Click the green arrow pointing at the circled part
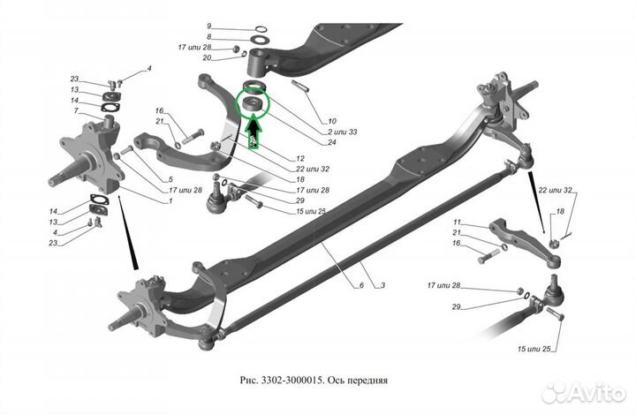254,132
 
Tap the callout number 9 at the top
208,26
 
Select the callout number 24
331,142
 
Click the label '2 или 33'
343,132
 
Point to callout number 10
332,121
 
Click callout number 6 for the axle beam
361,285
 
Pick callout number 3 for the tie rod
382,285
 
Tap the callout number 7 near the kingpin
76,110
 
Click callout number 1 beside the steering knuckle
170,200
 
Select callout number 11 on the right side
458,223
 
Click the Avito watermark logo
584,392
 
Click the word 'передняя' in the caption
367,381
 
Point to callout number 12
300,158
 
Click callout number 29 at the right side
457,306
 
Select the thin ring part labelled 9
261,29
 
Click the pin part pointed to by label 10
300,87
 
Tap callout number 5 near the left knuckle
170,179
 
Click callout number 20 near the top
207,58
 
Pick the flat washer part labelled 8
260,40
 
